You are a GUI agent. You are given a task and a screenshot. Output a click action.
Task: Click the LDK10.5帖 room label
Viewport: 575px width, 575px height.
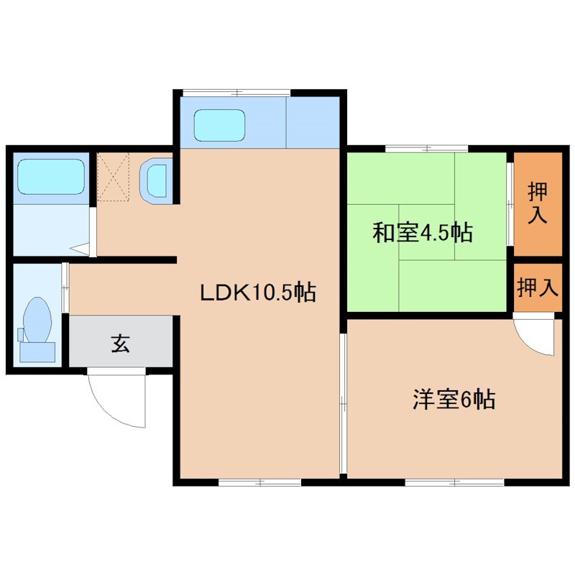(257, 293)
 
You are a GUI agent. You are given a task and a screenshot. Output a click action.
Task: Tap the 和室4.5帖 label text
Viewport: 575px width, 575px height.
(422, 233)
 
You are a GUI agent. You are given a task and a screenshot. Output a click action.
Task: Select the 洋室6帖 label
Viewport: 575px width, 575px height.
(453, 400)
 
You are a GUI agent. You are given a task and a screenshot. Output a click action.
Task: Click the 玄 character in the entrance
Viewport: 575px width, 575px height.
(120, 344)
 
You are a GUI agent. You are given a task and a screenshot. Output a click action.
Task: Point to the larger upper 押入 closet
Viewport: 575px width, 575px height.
(537, 204)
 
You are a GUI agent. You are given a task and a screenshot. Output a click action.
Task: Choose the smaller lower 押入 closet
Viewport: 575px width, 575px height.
(538, 287)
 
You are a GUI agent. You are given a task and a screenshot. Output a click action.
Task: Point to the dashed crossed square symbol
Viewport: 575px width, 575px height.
(114, 176)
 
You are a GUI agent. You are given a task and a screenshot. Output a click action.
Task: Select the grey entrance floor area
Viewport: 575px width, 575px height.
(120, 343)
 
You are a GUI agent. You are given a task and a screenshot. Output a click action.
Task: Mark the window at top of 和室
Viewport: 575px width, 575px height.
(427, 149)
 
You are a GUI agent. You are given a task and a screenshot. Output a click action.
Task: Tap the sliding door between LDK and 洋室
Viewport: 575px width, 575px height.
(343, 399)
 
